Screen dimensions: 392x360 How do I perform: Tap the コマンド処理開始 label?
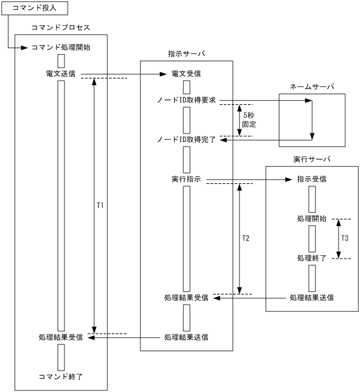(60, 48)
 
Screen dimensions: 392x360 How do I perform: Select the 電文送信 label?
(61, 74)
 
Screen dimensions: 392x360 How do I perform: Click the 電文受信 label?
(186, 74)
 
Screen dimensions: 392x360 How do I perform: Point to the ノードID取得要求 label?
(187, 100)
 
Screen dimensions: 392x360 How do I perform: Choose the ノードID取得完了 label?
(187, 140)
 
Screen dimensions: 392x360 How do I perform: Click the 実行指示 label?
(186, 179)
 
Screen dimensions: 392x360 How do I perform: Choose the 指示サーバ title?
(186, 54)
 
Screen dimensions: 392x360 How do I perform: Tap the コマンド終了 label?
(61, 376)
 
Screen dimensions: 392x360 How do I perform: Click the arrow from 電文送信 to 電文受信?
(121, 74)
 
